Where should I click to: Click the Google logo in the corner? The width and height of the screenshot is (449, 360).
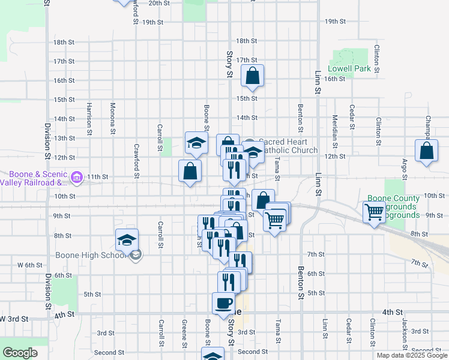20,353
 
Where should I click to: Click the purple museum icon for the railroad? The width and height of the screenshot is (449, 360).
76,177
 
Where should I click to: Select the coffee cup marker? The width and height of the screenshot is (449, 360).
224,304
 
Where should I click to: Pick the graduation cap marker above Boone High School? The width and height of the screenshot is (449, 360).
127,240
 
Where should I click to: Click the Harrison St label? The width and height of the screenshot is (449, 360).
88,118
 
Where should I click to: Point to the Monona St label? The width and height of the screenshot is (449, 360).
113,118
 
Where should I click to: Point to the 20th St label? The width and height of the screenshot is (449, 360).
160,3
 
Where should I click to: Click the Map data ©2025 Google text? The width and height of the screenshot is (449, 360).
412,355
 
